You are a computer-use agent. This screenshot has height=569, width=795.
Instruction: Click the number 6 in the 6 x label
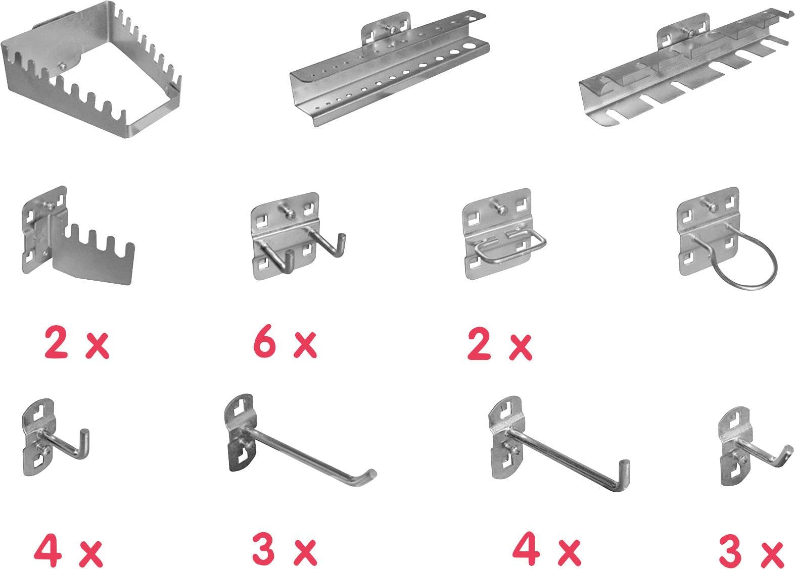tap(264, 343)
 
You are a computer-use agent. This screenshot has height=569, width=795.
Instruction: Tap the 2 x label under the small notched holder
tap(77, 343)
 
